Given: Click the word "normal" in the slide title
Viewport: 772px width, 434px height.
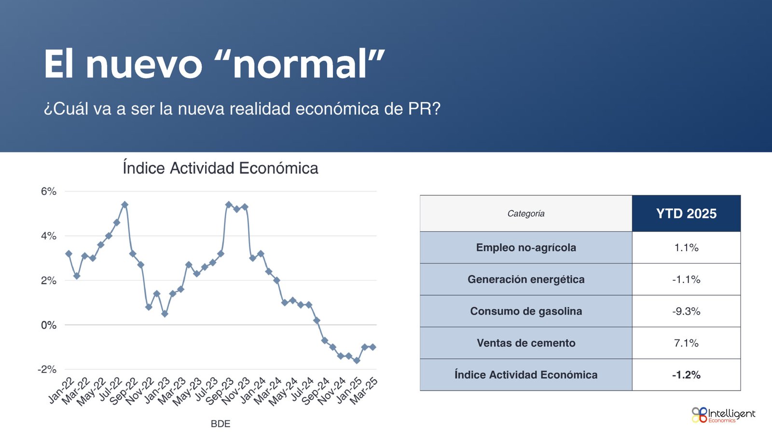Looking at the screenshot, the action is click(299, 65).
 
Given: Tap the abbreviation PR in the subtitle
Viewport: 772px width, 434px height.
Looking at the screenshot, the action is click(420, 109).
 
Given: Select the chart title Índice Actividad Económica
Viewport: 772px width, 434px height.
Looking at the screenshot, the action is click(221, 168).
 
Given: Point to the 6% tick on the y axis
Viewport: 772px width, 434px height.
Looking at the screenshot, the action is click(49, 191).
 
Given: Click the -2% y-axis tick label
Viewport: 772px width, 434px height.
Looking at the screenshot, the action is click(47, 369).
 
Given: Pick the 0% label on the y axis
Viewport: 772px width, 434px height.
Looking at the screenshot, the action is click(49, 325).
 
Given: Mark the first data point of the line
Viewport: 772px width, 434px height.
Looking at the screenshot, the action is click(69, 254).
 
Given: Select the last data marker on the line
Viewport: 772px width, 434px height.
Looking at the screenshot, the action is click(373, 347).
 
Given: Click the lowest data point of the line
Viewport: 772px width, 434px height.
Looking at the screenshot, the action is click(357, 361).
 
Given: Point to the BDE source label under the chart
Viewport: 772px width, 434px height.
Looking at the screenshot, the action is click(221, 424).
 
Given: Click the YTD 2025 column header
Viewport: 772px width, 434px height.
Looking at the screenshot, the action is click(686, 214).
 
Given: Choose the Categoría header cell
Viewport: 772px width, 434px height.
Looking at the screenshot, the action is click(526, 214).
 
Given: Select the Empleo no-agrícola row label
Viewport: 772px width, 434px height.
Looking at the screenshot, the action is click(526, 247).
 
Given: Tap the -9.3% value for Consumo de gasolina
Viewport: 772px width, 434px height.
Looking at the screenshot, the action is click(686, 312).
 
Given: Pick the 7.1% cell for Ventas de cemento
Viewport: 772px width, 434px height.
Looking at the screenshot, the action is click(686, 343).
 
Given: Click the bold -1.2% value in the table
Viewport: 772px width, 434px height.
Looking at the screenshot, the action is click(686, 375).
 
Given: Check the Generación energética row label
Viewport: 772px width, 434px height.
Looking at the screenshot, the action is click(526, 279).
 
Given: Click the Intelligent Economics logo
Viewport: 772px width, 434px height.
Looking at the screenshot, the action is click(723, 415).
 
